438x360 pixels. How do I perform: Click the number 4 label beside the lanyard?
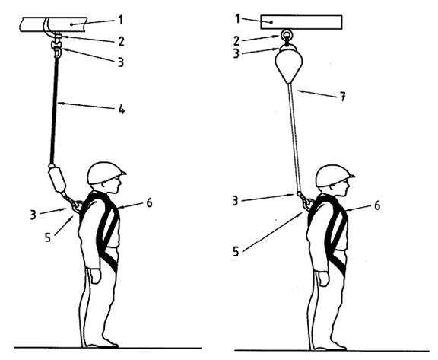click(122, 110)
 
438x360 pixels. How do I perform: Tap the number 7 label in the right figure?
click(342, 97)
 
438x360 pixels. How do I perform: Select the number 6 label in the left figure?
click(150, 203)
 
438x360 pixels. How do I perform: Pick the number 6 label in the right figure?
click(377, 205)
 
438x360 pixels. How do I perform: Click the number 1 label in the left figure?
click(120, 20)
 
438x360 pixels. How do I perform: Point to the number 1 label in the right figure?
click(238, 19)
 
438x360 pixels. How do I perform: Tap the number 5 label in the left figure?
click(48, 237)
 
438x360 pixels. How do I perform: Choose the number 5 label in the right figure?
click(236, 252)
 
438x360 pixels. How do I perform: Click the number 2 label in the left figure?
click(121, 42)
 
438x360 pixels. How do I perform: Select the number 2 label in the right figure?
click(236, 41)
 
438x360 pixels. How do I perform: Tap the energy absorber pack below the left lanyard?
click(57, 179)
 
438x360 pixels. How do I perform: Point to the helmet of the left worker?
click(106, 173)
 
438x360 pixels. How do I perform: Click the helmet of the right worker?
click(335, 176)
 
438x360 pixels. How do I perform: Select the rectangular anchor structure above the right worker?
click(301, 22)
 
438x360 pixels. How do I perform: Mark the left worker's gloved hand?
click(96, 276)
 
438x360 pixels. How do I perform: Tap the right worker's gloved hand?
click(324, 279)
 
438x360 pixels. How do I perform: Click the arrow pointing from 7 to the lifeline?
click(316, 94)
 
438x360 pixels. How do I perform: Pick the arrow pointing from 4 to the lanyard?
click(87, 106)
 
